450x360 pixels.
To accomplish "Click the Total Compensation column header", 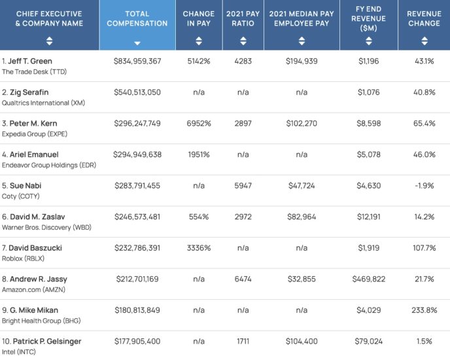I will click(137, 18).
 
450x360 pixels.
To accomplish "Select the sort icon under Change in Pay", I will click(199, 41).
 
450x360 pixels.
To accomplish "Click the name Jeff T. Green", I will click(29, 61).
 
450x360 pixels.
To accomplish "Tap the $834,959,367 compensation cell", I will click(137, 61).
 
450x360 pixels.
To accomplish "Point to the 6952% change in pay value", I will click(199, 124).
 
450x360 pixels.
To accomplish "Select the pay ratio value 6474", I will click(243, 279).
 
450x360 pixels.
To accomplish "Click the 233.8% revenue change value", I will click(424, 310).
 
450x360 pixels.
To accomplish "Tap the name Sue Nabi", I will click(26, 186).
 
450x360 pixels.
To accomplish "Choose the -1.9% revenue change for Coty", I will click(424, 186).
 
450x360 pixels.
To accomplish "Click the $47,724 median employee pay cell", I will click(302, 186).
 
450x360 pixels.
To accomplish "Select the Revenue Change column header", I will click(424, 18).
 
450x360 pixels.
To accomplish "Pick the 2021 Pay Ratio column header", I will click(243, 18).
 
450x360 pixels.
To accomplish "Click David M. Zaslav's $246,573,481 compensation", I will click(137, 217).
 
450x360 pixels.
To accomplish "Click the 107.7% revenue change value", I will click(424, 248).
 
